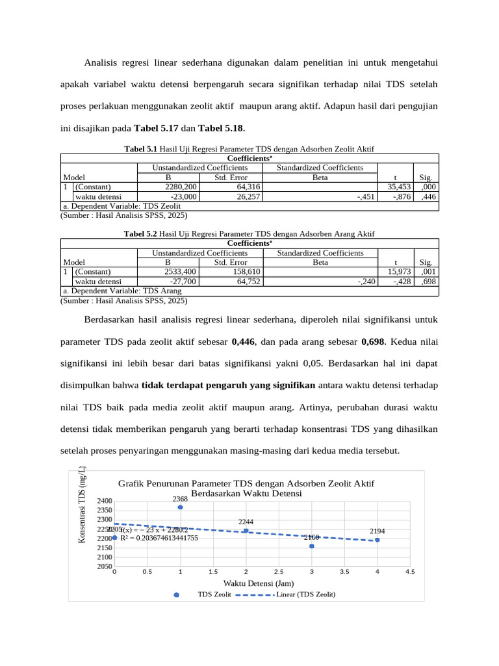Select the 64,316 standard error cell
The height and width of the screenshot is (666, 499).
click(240, 187)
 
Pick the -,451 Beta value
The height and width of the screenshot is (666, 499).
click(365, 196)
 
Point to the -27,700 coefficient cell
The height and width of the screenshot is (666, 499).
click(184, 281)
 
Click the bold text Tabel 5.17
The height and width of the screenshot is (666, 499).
click(156, 127)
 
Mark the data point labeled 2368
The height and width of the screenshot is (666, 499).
click(180, 507)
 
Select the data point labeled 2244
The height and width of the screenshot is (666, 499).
click(246, 531)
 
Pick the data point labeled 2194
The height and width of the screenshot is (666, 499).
click(377, 540)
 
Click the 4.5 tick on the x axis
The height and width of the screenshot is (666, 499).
click(409, 572)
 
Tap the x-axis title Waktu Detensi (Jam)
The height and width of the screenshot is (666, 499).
click(257, 583)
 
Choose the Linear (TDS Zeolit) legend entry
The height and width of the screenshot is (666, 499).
click(305, 594)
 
